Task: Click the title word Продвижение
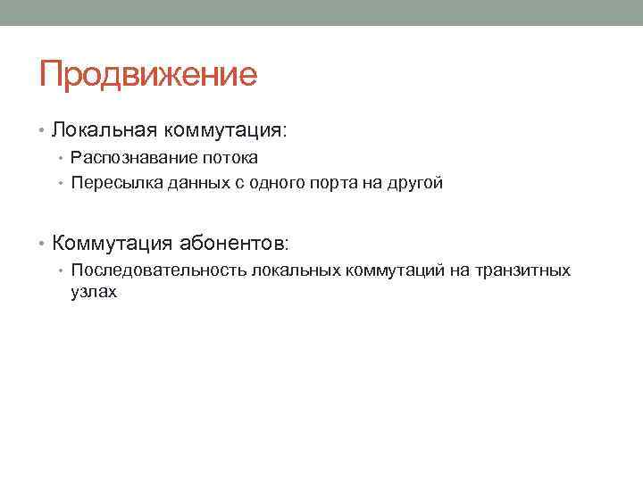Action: (x=147, y=74)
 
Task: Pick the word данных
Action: (x=188, y=184)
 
